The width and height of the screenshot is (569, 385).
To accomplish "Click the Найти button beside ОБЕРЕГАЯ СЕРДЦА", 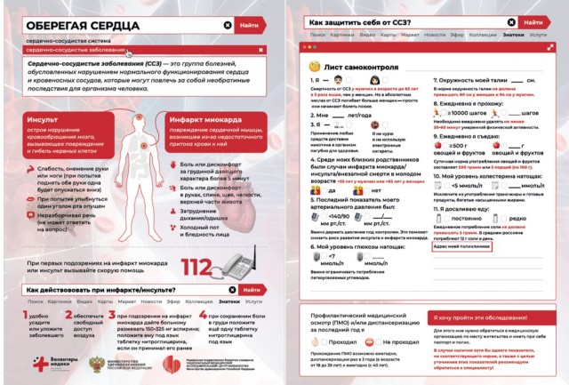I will click(250, 27).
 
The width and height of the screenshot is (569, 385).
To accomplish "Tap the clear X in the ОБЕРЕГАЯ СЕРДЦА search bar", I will click(228, 27).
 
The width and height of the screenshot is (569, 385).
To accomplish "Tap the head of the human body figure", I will click(147, 120).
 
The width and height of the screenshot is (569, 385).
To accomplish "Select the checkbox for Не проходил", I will click(309, 341).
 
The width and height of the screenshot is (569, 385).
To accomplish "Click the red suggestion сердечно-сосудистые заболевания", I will click(76, 52).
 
